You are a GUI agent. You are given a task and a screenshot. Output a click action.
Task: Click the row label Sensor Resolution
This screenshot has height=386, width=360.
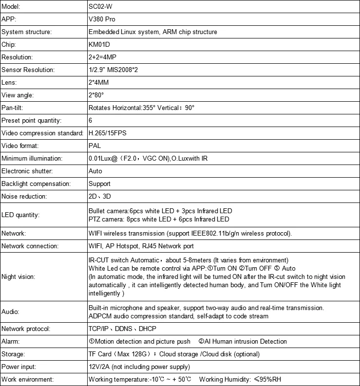[28, 70]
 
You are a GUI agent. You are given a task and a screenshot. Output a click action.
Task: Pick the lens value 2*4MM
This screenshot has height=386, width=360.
[100, 82]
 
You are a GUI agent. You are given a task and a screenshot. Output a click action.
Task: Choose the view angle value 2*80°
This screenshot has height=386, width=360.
[96, 95]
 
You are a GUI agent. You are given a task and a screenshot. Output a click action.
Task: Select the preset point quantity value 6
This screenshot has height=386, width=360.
[90, 120]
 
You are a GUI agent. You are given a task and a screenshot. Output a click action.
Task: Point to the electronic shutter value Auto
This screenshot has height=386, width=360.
[95, 171]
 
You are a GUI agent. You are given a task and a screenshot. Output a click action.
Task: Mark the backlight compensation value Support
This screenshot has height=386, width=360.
[99, 184]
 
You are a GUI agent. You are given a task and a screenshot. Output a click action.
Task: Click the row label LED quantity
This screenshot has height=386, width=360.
[20, 215]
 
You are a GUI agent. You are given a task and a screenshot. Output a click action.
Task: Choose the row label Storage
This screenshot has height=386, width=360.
[14, 354]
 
